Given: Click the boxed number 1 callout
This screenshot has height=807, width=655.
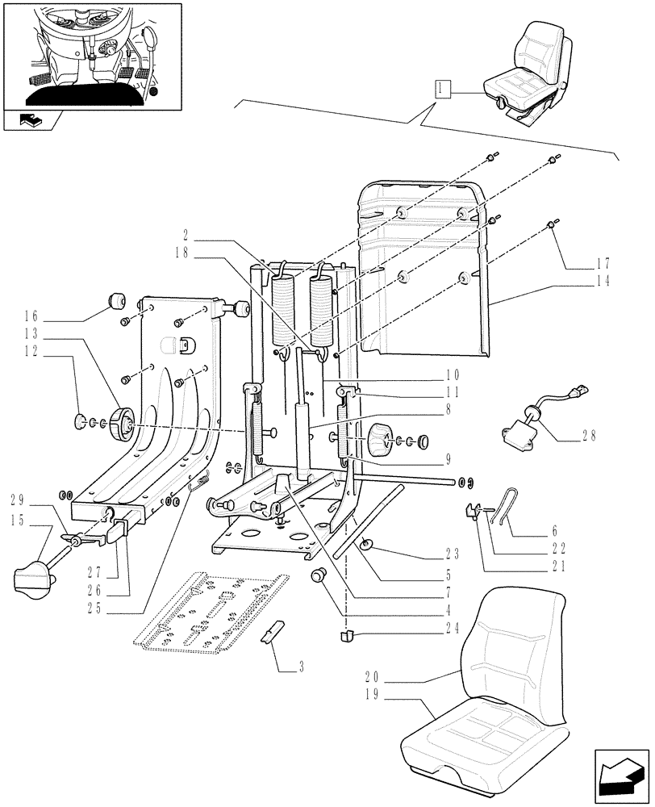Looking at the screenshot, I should [x=441, y=89].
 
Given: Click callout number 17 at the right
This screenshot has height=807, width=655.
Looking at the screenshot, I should [x=604, y=263].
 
